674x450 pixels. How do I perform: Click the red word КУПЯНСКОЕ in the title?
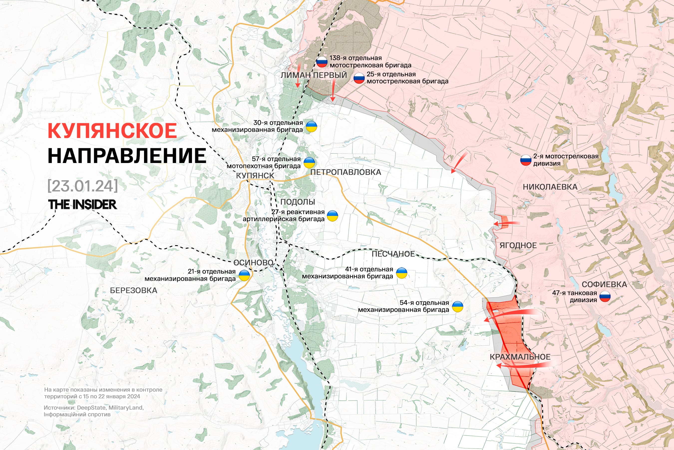click(112, 131)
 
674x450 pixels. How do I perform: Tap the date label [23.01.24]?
click(83, 186)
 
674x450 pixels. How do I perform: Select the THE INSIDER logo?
click(82, 204)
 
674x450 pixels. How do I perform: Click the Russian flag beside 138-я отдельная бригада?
click(322, 62)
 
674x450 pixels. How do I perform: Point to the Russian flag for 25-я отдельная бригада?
click(359, 78)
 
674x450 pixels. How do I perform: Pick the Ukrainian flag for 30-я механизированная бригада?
click(312, 126)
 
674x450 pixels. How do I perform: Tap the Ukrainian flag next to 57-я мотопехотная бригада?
click(309, 162)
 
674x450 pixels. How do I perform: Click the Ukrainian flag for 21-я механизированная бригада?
click(244, 275)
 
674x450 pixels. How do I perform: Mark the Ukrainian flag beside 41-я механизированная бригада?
click(401, 273)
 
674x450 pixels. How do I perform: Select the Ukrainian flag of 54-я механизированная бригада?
click(457, 306)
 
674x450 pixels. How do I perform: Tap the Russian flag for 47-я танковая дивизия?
click(605, 296)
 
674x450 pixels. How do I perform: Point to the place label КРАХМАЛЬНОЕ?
click(520, 357)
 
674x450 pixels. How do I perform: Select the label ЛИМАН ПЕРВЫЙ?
click(314, 75)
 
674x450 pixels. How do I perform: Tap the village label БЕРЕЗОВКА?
click(134, 290)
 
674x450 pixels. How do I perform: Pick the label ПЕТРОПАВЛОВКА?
click(345, 172)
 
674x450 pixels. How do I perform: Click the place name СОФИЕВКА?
click(604, 284)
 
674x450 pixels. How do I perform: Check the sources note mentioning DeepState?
click(93, 411)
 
